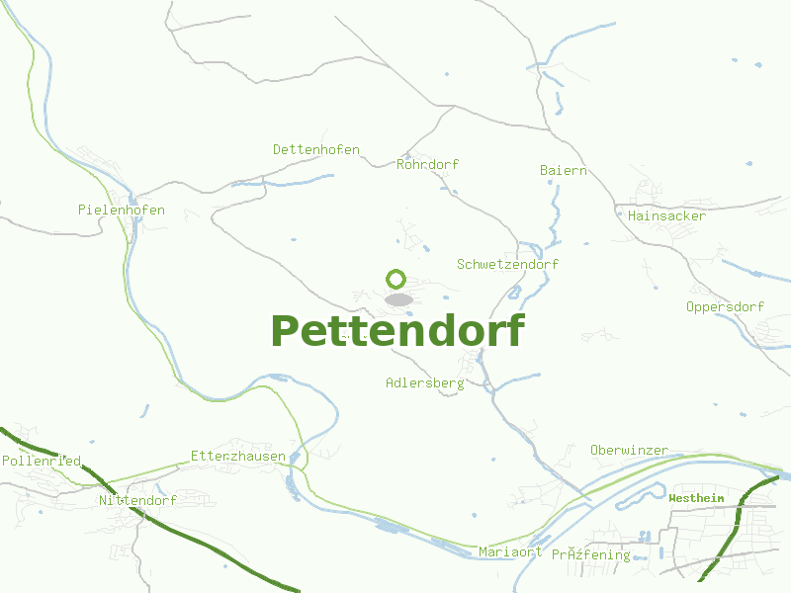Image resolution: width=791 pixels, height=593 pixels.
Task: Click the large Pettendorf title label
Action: click(x=396, y=331)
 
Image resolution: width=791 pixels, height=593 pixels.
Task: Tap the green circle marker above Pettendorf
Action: click(x=396, y=279)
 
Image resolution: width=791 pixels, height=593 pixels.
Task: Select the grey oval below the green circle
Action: click(x=398, y=298)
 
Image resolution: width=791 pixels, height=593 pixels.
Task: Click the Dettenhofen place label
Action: click(x=316, y=149)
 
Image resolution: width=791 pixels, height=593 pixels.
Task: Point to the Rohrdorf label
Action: click(x=427, y=164)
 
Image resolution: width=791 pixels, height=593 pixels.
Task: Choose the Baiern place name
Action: click(x=563, y=170)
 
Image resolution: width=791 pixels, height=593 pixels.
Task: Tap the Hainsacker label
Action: click(x=666, y=215)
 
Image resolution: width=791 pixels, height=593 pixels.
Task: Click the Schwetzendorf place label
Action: click(x=507, y=264)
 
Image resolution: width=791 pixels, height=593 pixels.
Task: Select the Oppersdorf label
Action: click(x=725, y=306)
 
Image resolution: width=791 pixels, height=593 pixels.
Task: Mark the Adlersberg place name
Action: click(x=424, y=382)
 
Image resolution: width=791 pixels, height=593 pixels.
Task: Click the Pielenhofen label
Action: click(x=121, y=210)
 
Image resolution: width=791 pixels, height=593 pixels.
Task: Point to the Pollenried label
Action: click(x=41, y=461)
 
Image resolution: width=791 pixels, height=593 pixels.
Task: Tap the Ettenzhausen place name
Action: click(x=237, y=456)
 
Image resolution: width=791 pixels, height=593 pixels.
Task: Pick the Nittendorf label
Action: click(x=137, y=500)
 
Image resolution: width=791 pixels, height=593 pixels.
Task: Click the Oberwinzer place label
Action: click(x=629, y=450)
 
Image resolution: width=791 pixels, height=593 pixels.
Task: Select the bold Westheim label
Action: click(x=696, y=498)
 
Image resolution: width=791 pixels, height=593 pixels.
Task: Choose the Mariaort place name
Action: click(x=509, y=551)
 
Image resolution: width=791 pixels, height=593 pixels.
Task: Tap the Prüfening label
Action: click(x=590, y=554)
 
